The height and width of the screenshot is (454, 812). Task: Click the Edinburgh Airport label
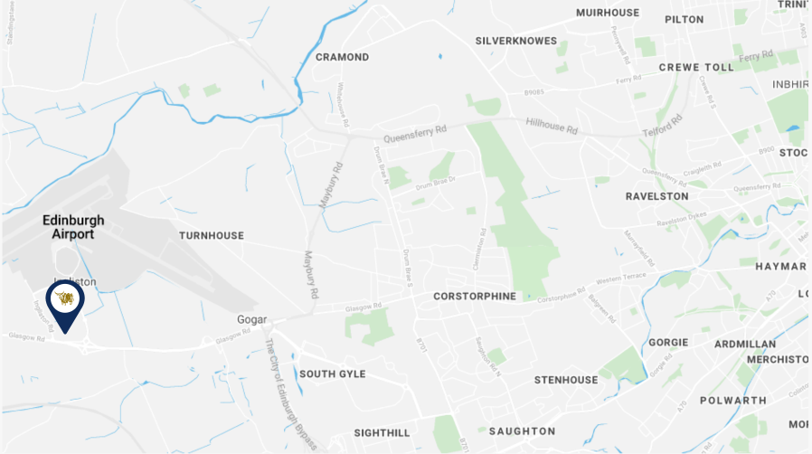pyautogui.click(x=71, y=226)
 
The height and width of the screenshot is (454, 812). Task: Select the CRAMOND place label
pyautogui.click(x=342, y=57)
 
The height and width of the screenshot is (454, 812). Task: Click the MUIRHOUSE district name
pyautogui.click(x=608, y=13)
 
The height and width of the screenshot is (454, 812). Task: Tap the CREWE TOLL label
pyautogui.click(x=696, y=67)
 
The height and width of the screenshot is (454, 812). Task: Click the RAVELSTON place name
pyautogui.click(x=656, y=195)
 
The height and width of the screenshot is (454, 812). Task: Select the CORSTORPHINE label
pyautogui.click(x=475, y=296)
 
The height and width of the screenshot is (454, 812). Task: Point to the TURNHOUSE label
pyautogui.click(x=212, y=235)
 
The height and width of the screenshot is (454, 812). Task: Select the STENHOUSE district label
pyautogui.click(x=565, y=380)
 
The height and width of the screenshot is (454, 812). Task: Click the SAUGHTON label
pyautogui.click(x=522, y=430)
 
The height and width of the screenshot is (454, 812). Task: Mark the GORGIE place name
pyautogui.click(x=668, y=343)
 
